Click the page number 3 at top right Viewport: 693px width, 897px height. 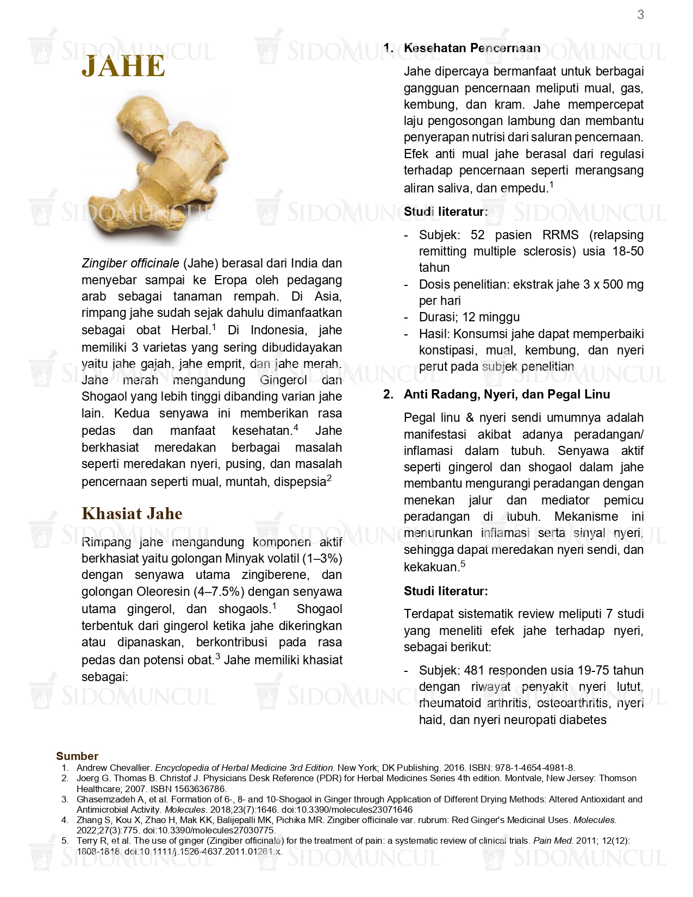coord(640,15)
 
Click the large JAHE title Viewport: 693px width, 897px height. coord(123,66)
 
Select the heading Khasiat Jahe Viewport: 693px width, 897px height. coord(132,513)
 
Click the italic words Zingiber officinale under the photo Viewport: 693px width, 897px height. coord(130,264)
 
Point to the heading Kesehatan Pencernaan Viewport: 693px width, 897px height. coord(472,48)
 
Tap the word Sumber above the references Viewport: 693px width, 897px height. coord(77,756)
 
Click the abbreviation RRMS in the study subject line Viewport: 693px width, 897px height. coord(560,235)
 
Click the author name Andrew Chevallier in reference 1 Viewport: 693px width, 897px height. coord(113,768)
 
